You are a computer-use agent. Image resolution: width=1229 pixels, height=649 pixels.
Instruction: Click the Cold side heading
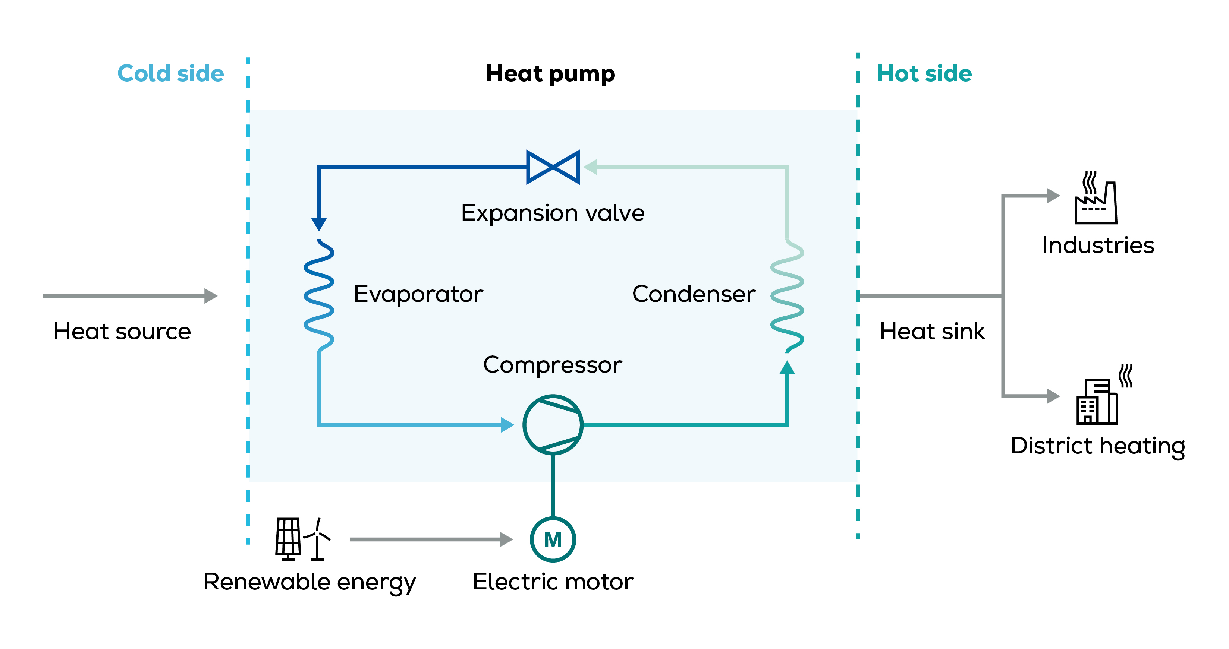170,73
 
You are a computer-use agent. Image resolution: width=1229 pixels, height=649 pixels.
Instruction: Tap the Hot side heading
924,73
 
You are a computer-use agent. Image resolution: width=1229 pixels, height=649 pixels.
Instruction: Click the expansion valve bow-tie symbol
553,167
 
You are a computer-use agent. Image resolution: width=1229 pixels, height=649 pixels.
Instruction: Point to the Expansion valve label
553,213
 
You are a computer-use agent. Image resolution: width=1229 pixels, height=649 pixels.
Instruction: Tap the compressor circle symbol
553,424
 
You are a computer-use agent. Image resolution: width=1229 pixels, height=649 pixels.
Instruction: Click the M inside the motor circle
553,540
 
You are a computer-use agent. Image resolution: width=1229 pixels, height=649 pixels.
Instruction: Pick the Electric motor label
553,582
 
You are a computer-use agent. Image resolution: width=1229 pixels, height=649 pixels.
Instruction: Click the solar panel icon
288,538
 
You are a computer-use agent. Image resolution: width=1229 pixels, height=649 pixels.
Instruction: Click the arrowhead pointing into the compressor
507,424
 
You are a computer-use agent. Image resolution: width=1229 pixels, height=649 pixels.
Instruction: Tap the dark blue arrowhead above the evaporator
319,224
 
